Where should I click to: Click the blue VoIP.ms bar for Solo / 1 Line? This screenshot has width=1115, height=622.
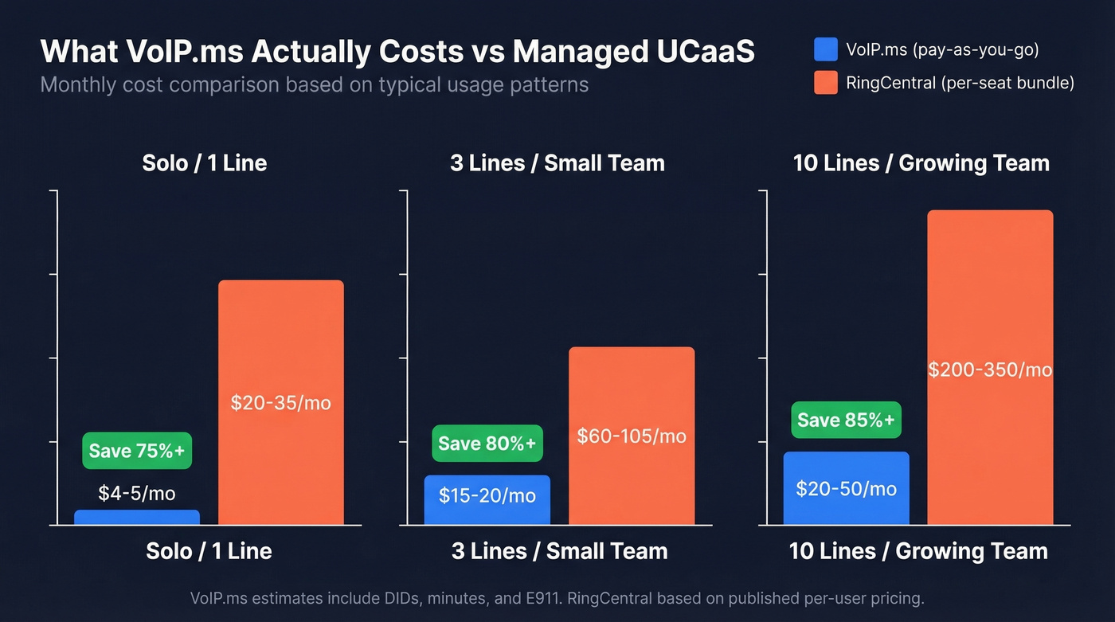[136, 518]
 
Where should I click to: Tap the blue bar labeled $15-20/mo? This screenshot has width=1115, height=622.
[487, 499]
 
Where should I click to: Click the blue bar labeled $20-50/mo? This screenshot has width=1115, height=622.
[846, 488]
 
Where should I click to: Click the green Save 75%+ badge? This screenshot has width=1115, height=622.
[137, 451]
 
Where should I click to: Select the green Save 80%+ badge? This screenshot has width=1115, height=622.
[487, 443]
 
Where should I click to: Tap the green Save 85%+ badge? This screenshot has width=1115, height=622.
[846, 420]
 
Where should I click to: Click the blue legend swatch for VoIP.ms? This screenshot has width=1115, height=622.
[826, 50]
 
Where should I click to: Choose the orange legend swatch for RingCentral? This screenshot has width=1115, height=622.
[826, 83]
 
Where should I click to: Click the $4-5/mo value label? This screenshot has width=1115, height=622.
[137, 493]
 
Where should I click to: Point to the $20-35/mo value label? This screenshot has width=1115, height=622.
[281, 403]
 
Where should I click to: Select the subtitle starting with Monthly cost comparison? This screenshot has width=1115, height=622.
[314, 84]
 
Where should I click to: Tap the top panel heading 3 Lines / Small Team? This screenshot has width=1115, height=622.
[557, 163]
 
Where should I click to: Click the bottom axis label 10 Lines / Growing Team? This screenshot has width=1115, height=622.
[918, 551]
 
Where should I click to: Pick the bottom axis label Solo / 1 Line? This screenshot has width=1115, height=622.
[209, 551]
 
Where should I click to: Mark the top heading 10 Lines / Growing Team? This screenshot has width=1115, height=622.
[921, 163]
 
